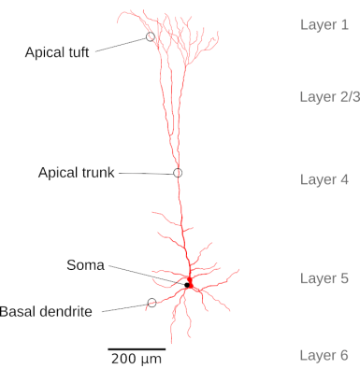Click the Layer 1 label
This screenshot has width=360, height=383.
coord(324,24)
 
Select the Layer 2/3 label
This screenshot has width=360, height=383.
coord(329,96)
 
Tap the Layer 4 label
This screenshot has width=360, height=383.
coord(324,179)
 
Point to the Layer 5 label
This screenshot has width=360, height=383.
coord(324,278)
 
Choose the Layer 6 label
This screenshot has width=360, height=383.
coord(324,355)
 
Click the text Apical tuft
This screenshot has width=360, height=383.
coord(57,52)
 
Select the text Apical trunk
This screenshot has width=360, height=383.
coord(76,172)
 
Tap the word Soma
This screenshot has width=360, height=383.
coord(85,265)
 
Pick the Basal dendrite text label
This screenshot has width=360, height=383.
coord(46,311)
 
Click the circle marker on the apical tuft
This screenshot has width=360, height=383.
coord(150,37)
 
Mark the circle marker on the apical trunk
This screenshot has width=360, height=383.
coord(178,173)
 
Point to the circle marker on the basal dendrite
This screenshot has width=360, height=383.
coord(151,303)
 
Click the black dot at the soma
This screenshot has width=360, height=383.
coord(186,285)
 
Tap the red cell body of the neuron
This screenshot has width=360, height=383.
coord(190,280)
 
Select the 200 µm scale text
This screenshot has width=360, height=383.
coord(137,359)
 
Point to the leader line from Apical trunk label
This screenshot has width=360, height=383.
coord(145,173)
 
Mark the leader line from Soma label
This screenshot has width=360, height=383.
coord(145,275)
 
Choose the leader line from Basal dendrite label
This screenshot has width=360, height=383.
coord(123,307)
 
